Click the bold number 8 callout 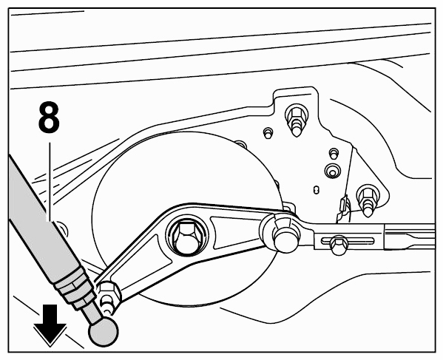pyautogui.click(x=49, y=118)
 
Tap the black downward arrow pyautogui.click(x=50, y=325)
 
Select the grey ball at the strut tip pyautogui.click(x=104, y=331)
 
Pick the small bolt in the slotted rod pyautogui.click(x=339, y=245)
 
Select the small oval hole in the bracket pyautogui.click(x=317, y=190)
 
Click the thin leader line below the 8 pyautogui.click(x=50, y=181)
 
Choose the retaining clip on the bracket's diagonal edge pyautogui.click(x=342, y=208)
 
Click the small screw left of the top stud pyautogui.click(x=268, y=132)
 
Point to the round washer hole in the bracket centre pyautogui.click(x=332, y=171)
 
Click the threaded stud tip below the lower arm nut pyautogui.click(x=107, y=306)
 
